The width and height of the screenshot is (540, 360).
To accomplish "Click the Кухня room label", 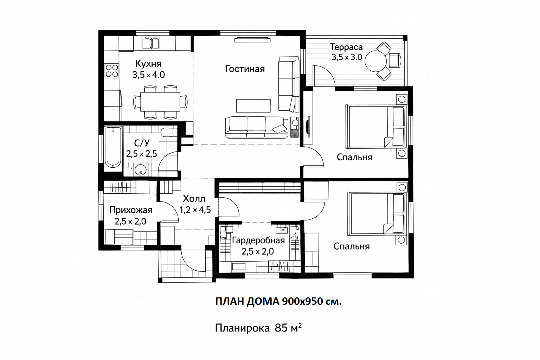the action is click(148, 64).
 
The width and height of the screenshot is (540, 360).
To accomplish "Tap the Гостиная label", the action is click(245, 69).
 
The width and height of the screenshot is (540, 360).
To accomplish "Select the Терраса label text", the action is click(346, 47).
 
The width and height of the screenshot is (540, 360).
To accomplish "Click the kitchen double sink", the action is click(150, 43).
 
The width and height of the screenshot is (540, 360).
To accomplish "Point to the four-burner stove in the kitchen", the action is click(112, 71).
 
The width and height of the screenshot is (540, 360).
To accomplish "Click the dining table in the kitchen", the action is click(160, 102).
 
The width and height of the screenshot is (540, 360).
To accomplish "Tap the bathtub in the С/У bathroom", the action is click(113, 148).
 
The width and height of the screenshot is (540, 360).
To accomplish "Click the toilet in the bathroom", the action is click(169, 133).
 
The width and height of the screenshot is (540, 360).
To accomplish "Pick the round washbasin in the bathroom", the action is click(140, 169).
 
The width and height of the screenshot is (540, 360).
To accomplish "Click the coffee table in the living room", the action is click(253, 106).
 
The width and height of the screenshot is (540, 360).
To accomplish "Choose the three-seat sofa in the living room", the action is click(257, 127).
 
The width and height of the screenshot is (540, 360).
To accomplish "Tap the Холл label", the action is click(194, 199).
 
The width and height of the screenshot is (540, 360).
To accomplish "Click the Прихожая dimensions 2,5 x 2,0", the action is click(130, 221).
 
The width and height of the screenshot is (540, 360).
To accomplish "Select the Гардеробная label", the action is click(258, 240).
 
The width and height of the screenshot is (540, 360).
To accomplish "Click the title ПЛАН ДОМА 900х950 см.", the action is click(278, 301).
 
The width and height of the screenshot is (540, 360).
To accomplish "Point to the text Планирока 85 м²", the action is click(258, 328).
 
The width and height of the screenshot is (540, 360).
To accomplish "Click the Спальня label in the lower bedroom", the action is click(352, 246).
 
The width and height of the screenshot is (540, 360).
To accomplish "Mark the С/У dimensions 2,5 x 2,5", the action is click(142, 154).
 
